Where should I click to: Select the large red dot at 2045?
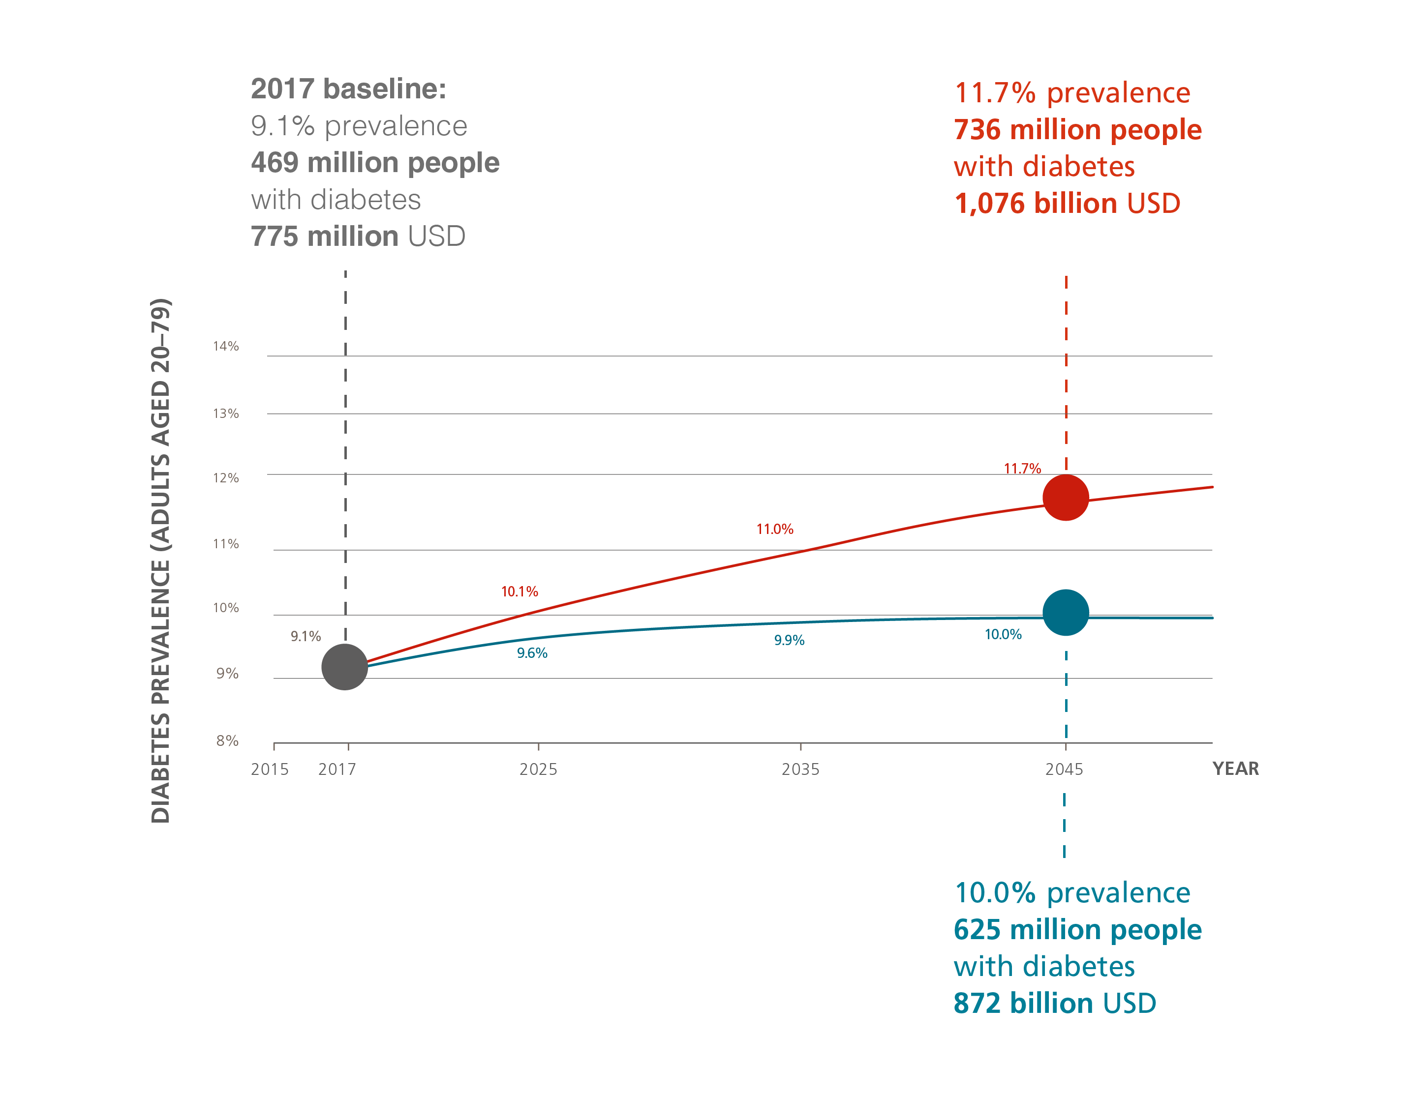coord(1066,497)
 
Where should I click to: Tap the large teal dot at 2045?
coord(1066,612)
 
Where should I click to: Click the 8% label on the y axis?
coord(227,740)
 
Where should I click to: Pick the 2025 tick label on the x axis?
coord(538,769)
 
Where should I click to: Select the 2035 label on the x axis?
coord(800,769)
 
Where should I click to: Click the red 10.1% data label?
coord(519,591)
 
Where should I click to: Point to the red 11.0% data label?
coord(774,529)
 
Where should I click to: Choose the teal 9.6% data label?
coord(532,653)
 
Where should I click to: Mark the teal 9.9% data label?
coord(789,640)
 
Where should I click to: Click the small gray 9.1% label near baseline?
coord(306,636)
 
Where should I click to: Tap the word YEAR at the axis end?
coord(1235,768)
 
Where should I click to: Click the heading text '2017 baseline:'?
coord(348,89)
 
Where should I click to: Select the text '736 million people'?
coord(1077,129)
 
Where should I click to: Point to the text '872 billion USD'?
coord(1055,1003)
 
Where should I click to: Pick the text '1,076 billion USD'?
coord(1067,204)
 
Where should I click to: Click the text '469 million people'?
coord(375,162)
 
